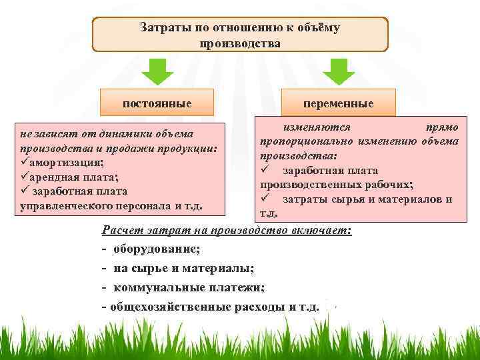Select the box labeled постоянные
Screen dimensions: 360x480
tap(157, 103)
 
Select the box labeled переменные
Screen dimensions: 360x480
tap(338, 105)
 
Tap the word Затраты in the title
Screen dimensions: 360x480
tap(164, 28)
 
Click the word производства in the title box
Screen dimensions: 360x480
tap(239, 43)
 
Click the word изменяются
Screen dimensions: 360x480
tap(313, 127)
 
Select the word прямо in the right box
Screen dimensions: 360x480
tap(441, 127)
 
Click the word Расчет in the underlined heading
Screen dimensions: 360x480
tap(123, 231)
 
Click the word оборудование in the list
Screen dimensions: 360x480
tap(156, 249)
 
